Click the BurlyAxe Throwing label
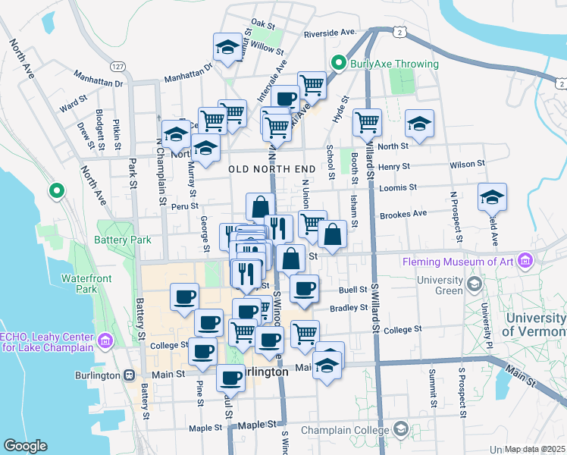(x=394, y=64)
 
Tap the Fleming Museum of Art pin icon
(x=525, y=262)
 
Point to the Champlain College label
(x=348, y=430)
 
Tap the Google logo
(x=25, y=445)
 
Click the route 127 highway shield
(x=117, y=67)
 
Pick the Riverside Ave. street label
(x=330, y=33)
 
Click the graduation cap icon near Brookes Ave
(x=492, y=197)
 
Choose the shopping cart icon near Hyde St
(x=367, y=121)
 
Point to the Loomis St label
(x=402, y=187)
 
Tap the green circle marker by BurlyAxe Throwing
(x=339, y=64)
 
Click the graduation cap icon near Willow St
(x=226, y=47)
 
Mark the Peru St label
(x=184, y=205)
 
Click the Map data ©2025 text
(x=535, y=449)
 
